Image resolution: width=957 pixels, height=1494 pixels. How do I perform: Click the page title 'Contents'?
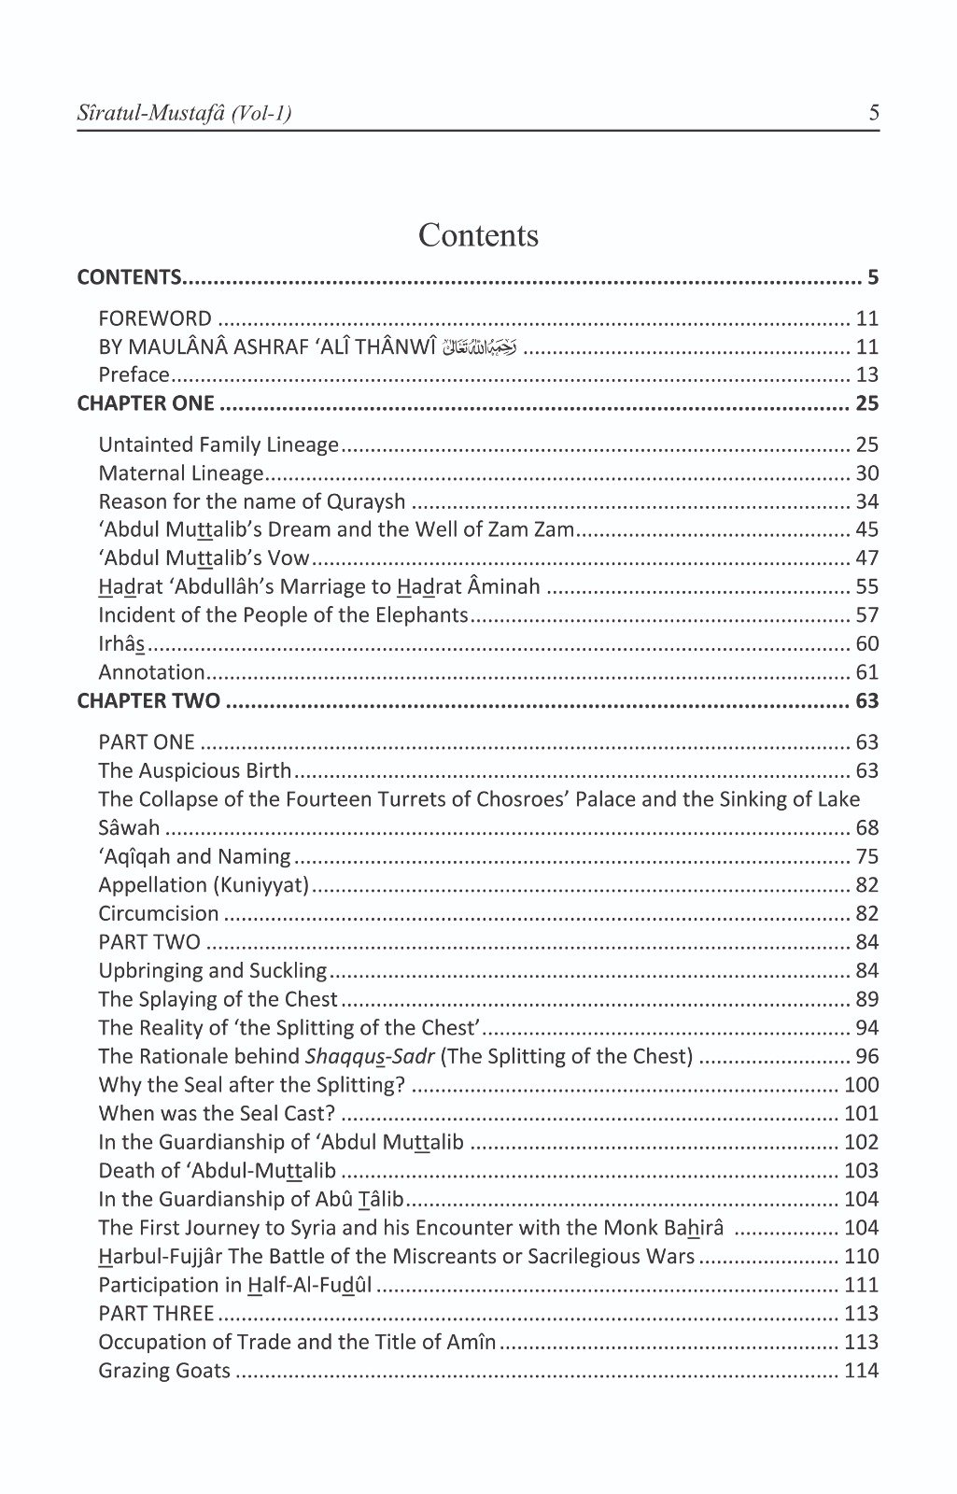coord(478,235)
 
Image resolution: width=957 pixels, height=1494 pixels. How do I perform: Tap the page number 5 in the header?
coord(873,114)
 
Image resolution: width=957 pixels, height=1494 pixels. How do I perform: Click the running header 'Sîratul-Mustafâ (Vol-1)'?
coord(184,114)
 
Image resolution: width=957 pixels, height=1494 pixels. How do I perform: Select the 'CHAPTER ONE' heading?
coord(146,404)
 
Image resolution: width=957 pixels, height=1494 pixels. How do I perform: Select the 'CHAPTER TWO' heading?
coord(148,701)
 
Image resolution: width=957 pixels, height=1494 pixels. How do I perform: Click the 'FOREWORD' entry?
coord(155,318)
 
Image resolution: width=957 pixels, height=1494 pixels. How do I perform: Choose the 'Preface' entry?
coord(134,375)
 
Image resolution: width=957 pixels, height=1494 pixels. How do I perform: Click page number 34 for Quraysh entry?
coord(866,501)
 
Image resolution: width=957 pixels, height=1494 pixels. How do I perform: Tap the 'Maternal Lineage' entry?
coord(181,473)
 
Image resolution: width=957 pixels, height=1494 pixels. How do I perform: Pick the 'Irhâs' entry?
coord(121,644)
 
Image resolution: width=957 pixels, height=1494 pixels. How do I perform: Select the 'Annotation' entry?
coord(151,672)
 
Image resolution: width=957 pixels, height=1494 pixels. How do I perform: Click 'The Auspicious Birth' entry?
coord(195,771)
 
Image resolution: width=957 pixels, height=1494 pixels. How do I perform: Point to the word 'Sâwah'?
coord(129,828)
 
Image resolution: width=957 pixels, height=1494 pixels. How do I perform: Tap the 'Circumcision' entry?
coord(159,914)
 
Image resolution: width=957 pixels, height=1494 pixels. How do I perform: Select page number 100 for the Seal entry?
coord(861,1085)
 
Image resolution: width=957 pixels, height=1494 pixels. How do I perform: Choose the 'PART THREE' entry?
coord(156,1314)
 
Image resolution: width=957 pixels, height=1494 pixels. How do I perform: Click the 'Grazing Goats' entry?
coord(164,1371)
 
